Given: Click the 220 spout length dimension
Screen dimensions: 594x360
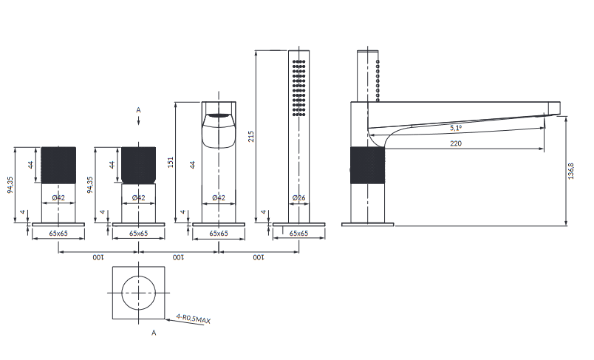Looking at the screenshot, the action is pos(456,143).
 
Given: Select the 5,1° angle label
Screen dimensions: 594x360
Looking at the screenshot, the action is pos(456,128).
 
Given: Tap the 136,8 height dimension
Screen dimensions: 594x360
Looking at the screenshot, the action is pos(571,171).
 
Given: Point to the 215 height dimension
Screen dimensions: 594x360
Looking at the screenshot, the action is pos(250,137).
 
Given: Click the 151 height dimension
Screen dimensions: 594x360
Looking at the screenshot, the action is pos(171,162).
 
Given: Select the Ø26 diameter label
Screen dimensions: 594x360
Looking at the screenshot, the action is pos(299,197).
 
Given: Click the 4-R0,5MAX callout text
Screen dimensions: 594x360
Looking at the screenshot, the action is pos(194,319).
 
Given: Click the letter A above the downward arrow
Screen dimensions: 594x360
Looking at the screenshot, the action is pos(139,110).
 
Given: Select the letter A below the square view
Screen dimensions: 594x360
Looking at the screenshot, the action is pos(154,333).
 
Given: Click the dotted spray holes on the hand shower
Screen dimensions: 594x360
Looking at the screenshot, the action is pos(299,87).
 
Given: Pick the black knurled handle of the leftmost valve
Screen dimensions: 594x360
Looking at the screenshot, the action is pos(58,166).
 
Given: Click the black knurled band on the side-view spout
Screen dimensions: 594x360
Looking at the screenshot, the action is pos(367,166).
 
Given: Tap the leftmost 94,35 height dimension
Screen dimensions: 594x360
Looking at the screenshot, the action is pos(10,185).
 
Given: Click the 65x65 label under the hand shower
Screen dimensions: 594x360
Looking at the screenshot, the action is pos(299,234).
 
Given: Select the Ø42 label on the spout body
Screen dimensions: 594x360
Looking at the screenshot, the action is pos(219,197).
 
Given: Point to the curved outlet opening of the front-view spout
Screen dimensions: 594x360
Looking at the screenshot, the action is pos(219,131).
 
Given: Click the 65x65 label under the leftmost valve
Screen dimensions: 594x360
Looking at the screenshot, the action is pos(58,234).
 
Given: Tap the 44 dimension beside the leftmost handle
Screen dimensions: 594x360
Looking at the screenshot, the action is pos(31,165).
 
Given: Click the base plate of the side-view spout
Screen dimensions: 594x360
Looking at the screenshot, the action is pos(367,224).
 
